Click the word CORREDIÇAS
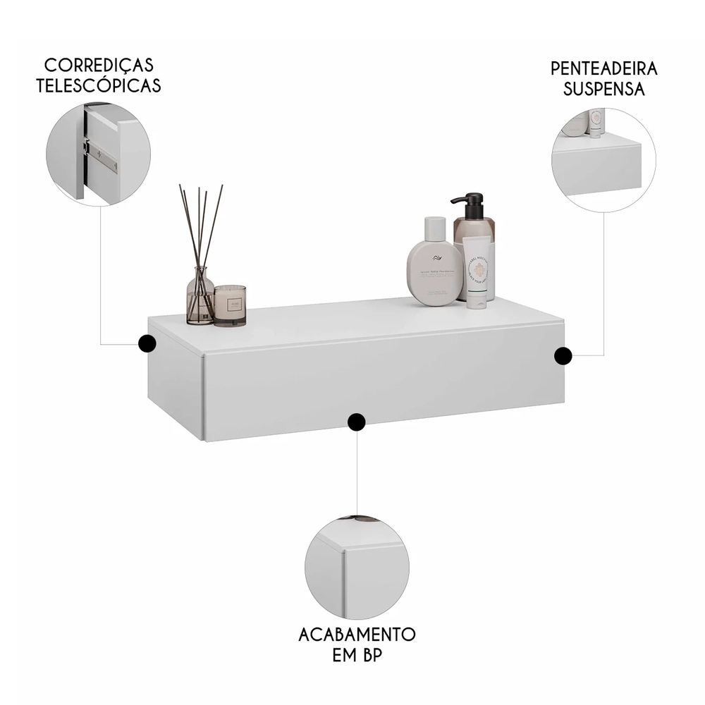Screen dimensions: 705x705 pos(98,66)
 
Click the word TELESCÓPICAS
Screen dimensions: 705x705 pos(98,86)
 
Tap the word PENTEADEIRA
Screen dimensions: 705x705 pos(603,69)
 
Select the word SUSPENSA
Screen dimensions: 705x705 pos(603,90)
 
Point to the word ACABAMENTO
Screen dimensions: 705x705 pos(357,634)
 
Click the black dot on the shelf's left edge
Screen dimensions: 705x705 pos(147,343)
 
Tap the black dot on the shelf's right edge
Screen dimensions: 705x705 pos(562,356)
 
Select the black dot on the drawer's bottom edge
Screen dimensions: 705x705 pos(357,422)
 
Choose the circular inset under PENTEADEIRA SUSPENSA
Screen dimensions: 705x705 pos(603,161)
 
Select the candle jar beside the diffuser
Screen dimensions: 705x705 pos(230,305)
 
